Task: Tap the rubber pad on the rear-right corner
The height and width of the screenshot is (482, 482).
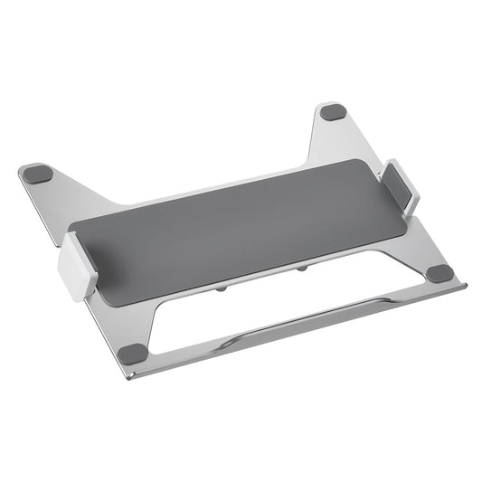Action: (333, 113)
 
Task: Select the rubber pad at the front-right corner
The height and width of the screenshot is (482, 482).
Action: (439, 273)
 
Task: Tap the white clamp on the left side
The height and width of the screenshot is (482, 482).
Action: (77, 267)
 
